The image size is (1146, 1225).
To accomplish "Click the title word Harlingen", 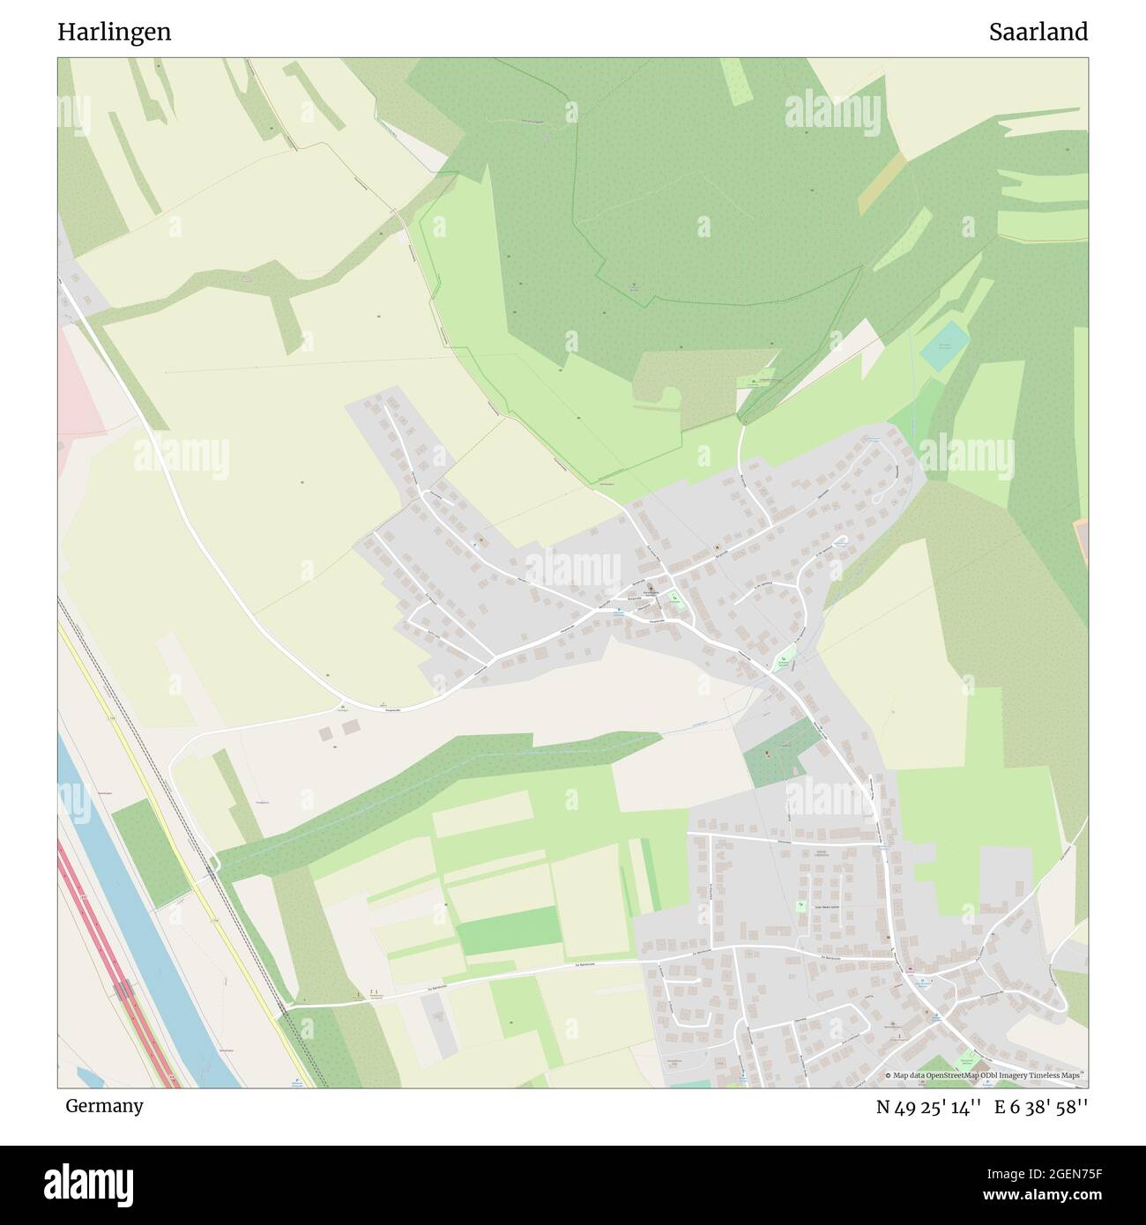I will pos(115,33).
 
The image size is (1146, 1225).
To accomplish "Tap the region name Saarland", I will pos(1038,33).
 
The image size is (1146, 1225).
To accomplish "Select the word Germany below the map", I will pos(104,1106).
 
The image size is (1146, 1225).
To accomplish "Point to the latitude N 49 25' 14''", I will pos(929,1108).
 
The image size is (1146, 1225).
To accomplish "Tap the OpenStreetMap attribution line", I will pos(985,1075).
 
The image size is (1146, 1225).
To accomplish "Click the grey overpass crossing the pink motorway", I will pos(123,990).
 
